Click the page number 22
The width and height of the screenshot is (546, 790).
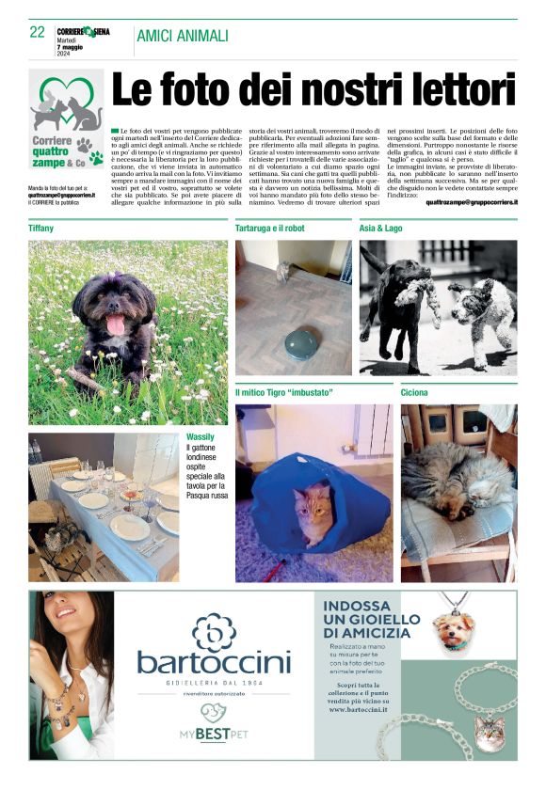[38, 32]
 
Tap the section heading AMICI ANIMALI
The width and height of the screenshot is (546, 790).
[183, 36]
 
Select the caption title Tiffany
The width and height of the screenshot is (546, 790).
[41, 229]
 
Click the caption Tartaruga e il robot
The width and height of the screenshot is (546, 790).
[275, 229]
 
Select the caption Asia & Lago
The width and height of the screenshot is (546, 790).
[380, 229]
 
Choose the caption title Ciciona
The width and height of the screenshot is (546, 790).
[415, 391]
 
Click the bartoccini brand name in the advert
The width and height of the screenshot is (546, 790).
[214, 662]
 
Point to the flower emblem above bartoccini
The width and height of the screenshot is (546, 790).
[214, 627]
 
